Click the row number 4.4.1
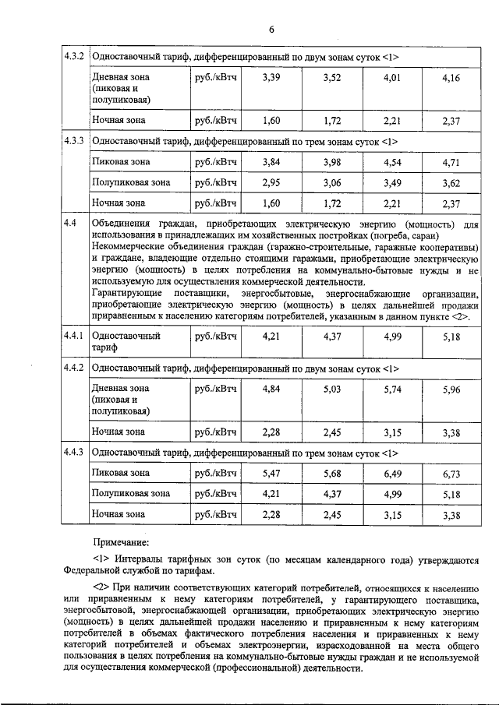[75, 336]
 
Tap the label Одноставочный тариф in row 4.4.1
[126, 342]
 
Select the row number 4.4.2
[75, 367]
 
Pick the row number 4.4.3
[75, 452]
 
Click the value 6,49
[391, 473]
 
